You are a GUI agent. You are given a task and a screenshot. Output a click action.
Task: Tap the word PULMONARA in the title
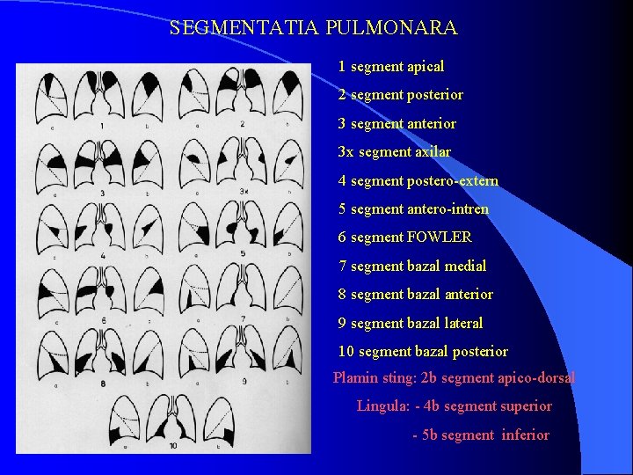tap(391, 28)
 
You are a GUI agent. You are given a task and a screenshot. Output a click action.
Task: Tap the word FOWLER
tap(440, 237)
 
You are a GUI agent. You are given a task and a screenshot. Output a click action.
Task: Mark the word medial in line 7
tap(467, 266)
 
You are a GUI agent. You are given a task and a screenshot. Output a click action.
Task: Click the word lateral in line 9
tap(462, 323)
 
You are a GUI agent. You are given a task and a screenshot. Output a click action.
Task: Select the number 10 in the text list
tap(346, 351)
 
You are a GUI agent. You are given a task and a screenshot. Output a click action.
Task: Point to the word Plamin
tap(353, 377)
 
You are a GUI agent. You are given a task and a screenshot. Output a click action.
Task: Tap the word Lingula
tap(381, 406)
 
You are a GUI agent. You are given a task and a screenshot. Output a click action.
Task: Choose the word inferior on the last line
tap(525, 435)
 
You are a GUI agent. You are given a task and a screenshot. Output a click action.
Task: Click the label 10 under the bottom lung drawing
tap(172, 446)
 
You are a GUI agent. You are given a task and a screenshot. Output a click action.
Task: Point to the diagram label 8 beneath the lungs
tap(103, 384)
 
